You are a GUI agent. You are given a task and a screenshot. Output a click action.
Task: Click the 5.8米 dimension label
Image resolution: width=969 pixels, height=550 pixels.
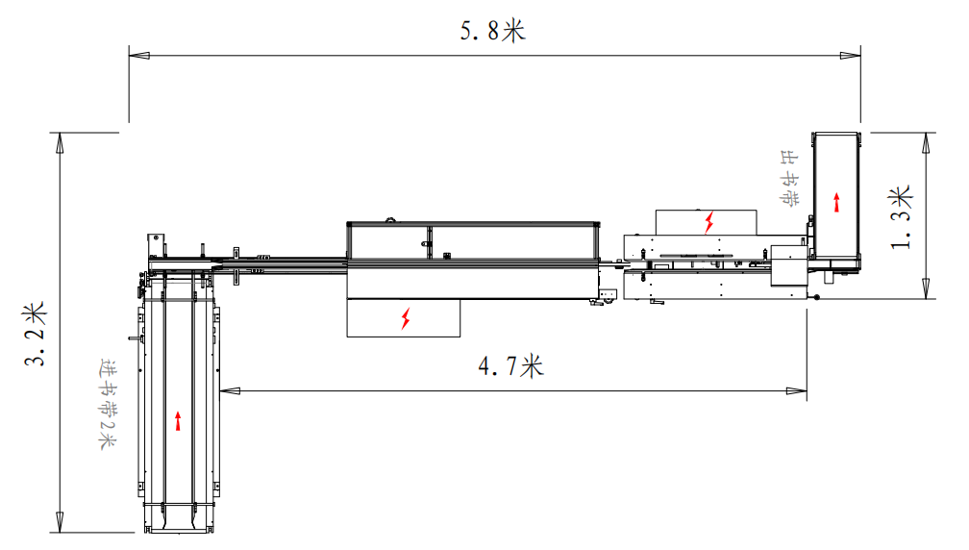coord(492,31)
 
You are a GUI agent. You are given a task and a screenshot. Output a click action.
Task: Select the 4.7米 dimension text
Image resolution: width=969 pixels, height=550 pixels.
coord(510,366)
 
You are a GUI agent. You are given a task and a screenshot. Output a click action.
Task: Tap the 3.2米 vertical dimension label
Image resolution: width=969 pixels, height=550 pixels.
coord(36,334)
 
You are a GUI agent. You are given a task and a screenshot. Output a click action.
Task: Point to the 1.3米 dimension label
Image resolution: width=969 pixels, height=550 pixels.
coord(901,217)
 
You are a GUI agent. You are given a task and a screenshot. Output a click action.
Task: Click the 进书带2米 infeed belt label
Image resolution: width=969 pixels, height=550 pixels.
coord(108,404)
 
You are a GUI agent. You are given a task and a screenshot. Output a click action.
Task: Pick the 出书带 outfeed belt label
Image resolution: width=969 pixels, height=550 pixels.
coord(788,178)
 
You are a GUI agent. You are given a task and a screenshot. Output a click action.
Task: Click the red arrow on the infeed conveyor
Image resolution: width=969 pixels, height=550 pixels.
coord(178,421)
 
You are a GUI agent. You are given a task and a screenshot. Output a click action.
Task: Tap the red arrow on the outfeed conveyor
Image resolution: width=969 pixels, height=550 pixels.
coord(836,202)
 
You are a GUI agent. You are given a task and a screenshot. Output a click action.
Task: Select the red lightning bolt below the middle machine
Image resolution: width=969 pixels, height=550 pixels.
coord(406,317)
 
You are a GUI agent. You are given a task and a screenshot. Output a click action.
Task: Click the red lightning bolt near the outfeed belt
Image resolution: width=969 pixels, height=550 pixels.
coord(709,222)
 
